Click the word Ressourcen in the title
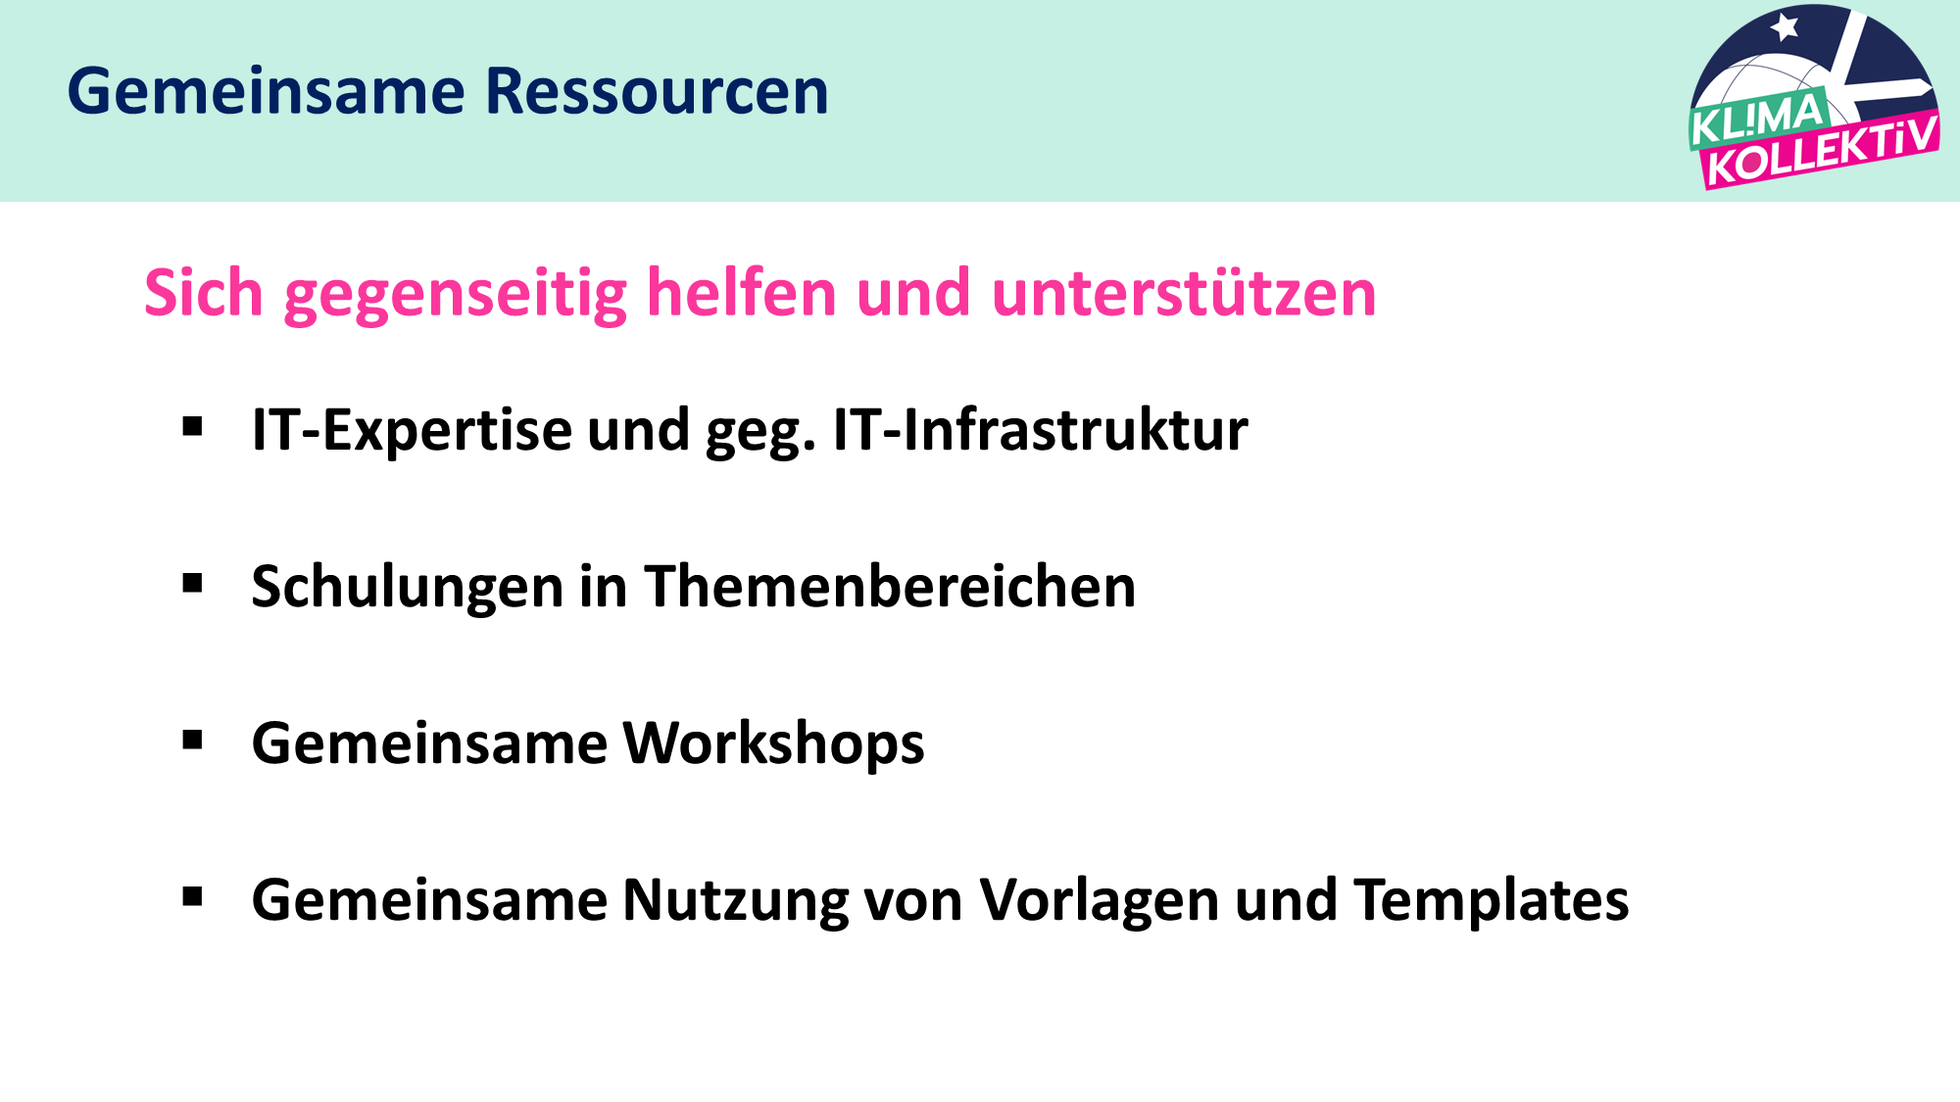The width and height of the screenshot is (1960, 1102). click(657, 91)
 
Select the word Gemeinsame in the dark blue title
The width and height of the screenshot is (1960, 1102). click(267, 91)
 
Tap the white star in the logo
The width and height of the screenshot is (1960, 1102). click(1785, 26)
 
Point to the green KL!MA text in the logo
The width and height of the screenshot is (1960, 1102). click(1757, 117)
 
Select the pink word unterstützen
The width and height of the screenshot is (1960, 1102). click(1184, 293)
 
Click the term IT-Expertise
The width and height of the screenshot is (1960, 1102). click(412, 431)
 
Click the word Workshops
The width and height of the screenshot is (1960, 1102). click(774, 745)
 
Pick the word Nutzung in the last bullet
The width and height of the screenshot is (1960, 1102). click(736, 902)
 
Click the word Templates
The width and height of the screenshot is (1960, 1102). click(1492, 902)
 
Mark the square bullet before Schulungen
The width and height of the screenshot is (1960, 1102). click(192, 584)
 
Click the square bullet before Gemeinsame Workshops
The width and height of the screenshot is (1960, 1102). click(192, 741)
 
